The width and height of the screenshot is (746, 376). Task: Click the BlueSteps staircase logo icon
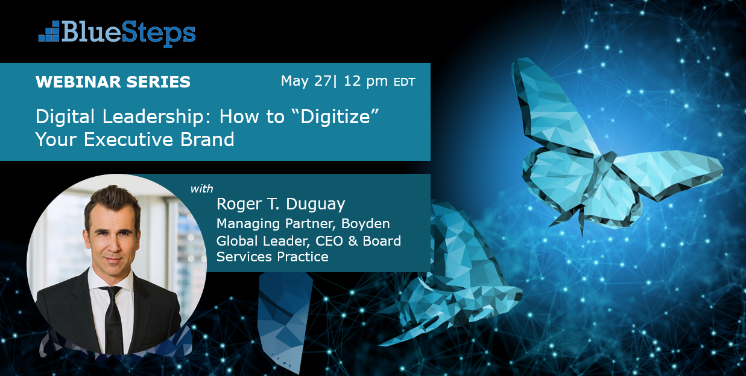(x=49, y=31)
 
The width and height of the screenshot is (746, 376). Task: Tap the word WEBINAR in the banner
(x=78, y=82)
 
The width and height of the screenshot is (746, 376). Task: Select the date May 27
(x=306, y=81)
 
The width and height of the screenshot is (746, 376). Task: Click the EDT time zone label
(x=404, y=82)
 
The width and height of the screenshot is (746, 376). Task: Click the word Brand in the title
(x=207, y=139)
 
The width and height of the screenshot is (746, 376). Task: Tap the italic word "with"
(x=201, y=189)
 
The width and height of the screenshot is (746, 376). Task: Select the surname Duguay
(x=315, y=205)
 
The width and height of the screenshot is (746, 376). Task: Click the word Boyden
(x=365, y=224)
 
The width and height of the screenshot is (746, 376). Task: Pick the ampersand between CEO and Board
(x=353, y=241)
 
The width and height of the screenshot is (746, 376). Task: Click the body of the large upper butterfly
(x=599, y=173)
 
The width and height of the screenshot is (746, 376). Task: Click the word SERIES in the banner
(x=158, y=82)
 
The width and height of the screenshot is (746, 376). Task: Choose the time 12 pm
(x=365, y=81)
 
